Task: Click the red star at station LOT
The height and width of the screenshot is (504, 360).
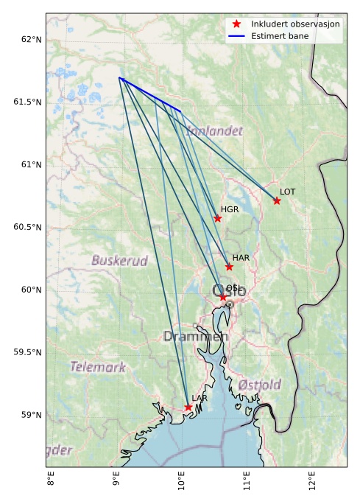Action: (277, 200)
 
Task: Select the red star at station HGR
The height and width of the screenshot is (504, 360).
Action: (218, 218)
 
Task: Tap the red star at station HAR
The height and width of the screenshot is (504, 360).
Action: (229, 267)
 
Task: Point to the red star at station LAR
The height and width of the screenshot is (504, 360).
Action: (188, 407)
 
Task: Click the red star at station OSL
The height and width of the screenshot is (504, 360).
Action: (223, 297)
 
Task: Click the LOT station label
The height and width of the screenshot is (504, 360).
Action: (288, 192)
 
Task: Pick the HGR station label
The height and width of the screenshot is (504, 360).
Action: (230, 209)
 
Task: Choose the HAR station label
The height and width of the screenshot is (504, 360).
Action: (241, 258)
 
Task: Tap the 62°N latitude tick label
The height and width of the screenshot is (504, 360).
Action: (28, 38)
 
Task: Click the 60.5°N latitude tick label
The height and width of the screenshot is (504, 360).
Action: (25, 227)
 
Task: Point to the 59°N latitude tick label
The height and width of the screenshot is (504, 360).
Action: (28, 415)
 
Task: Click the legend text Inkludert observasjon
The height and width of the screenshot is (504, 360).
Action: (295, 24)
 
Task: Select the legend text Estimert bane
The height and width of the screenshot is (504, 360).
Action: (279, 35)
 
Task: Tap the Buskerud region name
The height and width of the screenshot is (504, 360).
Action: (119, 260)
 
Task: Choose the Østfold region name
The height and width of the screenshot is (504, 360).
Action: (259, 385)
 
